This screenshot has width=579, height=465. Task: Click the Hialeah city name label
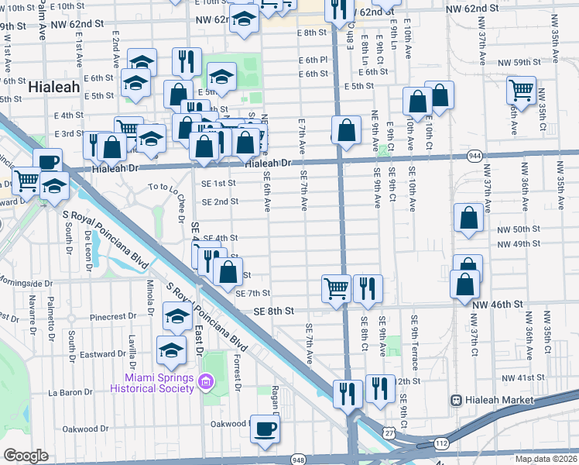54,88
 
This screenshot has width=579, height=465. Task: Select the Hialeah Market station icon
457,400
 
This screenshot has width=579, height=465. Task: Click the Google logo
26,455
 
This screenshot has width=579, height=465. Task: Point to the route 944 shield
473,156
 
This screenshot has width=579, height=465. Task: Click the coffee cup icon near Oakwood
265,429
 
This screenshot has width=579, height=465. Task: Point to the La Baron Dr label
70,392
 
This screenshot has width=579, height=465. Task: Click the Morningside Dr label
26,284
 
